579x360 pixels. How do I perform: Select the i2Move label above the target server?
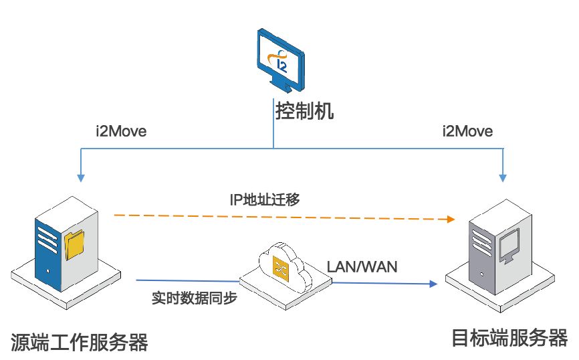pyautogui.click(x=467, y=131)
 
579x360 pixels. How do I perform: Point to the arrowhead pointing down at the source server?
pyautogui.click(x=81, y=177)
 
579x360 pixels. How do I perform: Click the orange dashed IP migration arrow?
pyautogui.click(x=281, y=217)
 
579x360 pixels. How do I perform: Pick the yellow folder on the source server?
pyautogui.click(x=75, y=245)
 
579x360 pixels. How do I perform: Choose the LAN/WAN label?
pyautogui.click(x=362, y=267)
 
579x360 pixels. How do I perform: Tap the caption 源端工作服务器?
pyautogui.click(x=79, y=342)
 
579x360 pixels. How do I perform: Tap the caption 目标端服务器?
pyautogui.click(x=509, y=338)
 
